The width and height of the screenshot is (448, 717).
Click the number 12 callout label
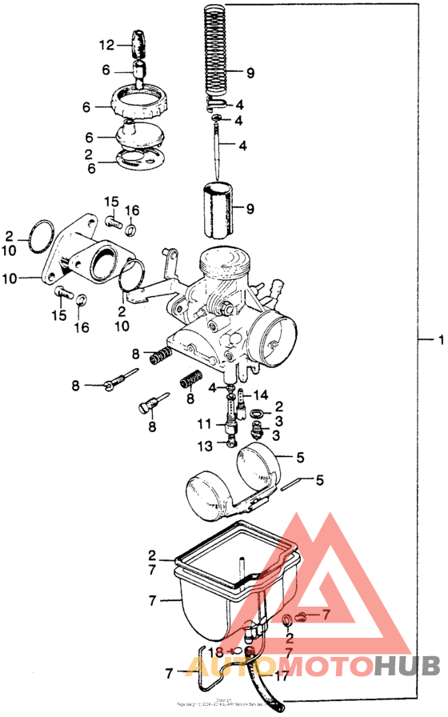pos(107,45)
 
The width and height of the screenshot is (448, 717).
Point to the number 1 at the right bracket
pos(439,340)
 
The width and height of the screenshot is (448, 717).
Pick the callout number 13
pos(204,444)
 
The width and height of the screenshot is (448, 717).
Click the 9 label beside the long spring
pos(250,73)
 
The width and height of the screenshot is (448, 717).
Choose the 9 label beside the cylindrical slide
pos(250,210)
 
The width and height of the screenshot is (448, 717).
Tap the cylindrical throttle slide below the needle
pos(219,210)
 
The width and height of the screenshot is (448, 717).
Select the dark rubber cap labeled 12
pos(141,42)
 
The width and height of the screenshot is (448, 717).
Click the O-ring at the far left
pos(41,237)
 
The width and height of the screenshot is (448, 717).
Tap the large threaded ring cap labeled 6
pos(142,102)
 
